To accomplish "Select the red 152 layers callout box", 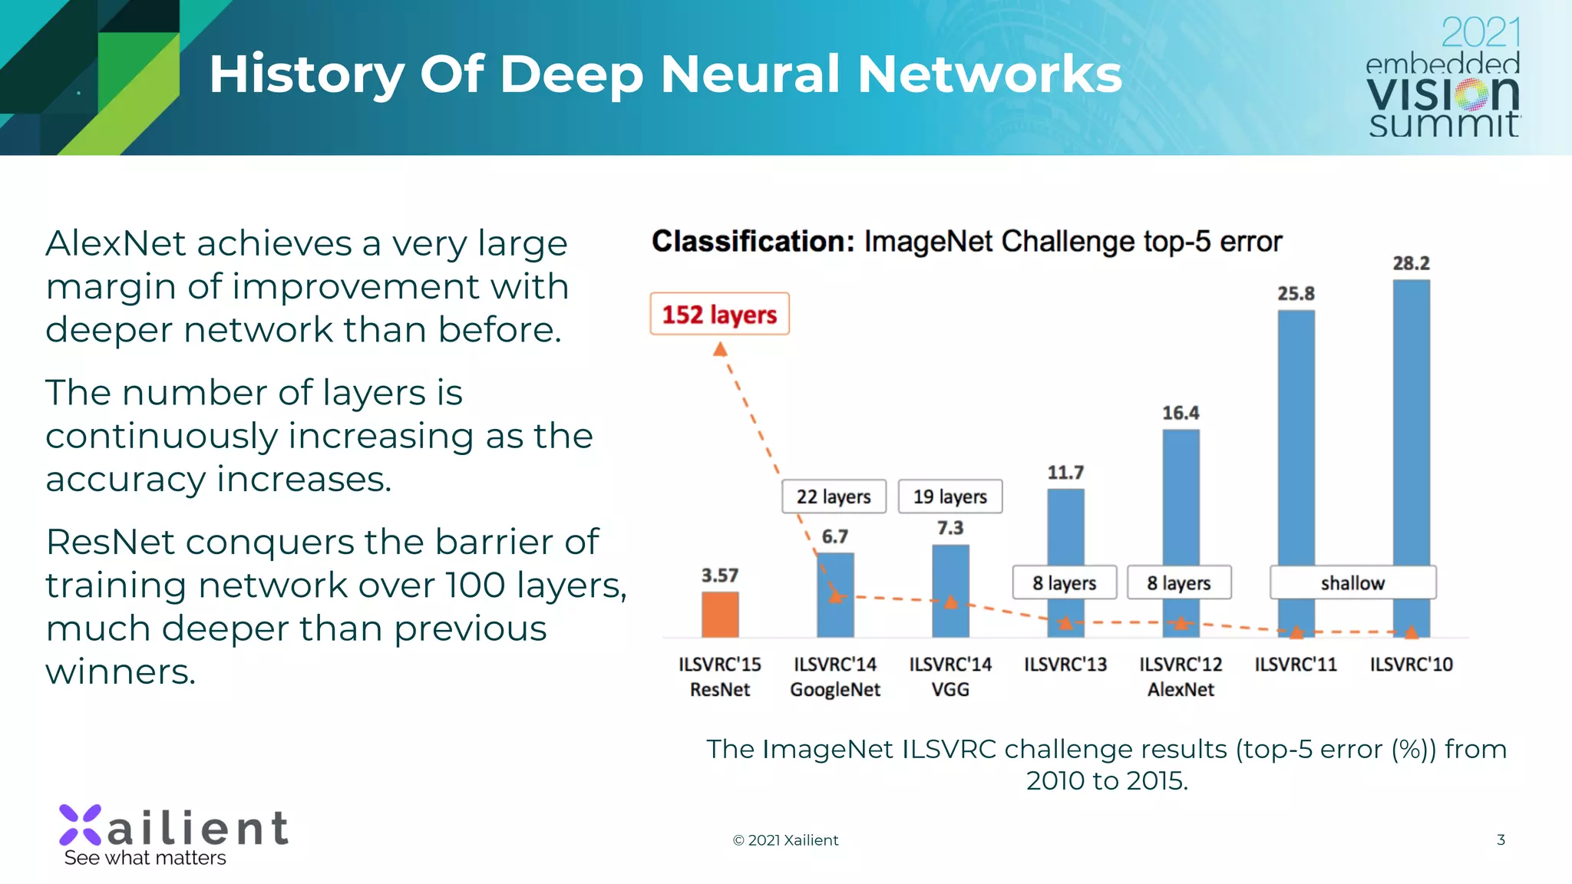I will [719, 314].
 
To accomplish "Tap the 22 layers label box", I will [834, 496].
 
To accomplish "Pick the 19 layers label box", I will [949, 496].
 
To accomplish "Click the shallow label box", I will [1352, 582].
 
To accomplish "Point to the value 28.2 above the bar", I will [1411, 263].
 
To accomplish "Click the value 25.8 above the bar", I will [1296, 293].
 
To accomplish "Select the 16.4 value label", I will [1181, 413].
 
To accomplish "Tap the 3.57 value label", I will [719, 575].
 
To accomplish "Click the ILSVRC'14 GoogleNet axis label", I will [835, 676].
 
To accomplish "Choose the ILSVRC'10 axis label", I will [1411, 664].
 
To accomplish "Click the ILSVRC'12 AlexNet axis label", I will [1181, 676].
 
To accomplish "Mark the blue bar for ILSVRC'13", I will [1065, 529].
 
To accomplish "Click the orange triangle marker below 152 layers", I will [720, 350].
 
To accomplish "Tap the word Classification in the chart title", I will [752, 241].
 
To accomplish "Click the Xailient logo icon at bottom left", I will [80, 825].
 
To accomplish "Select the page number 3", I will [1501, 839].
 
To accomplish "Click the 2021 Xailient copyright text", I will [785, 840].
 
